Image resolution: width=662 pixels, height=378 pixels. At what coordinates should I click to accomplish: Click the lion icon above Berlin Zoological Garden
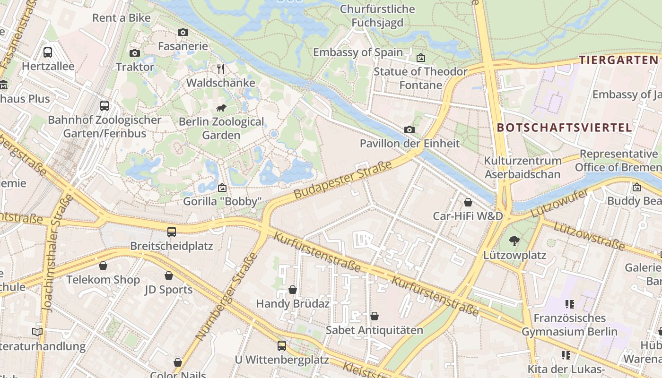pyautogui.click(x=221, y=108)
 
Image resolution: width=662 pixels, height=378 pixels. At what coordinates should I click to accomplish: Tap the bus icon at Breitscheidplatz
pyautogui.click(x=172, y=232)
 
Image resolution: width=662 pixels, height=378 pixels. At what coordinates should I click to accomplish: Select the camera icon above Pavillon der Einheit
pyautogui.click(x=409, y=129)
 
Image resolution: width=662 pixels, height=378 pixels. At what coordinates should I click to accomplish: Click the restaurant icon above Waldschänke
pyautogui.click(x=221, y=69)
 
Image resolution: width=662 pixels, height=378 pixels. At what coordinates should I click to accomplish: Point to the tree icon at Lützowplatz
pyautogui.click(x=514, y=241)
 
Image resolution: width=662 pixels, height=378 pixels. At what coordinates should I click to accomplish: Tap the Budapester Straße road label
pyautogui.click(x=343, y=180)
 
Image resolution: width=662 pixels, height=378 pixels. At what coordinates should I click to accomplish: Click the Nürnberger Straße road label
pyautogui.click(x=227, y=297)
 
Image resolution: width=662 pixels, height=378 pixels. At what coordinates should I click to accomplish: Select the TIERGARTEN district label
pyautogui.click(x=618, y=60)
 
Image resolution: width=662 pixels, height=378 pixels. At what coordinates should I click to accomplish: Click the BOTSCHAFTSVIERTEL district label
pyautogui.click(x=564, y=128)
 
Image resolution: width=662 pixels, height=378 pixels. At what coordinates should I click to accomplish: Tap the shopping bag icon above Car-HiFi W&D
pyautogui.click(x=468, y=202)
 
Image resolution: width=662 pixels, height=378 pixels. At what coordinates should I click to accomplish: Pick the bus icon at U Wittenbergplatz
pyautogui.click(x=282, y=346)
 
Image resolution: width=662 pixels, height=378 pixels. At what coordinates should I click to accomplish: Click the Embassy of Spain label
pyautogui.click(x=357, y=52)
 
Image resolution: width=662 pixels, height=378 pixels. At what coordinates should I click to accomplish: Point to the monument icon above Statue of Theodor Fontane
pyautogui.click(x=421, y=58)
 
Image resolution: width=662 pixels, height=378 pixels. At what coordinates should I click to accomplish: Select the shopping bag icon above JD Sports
pyautogui.click(x=169, y=275)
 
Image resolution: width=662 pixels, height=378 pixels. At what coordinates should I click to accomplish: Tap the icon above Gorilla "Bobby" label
pyautogui.click(x=222, y=188)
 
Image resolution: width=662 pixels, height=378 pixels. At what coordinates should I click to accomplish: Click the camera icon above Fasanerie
pyautogui.click(x=183, y=32)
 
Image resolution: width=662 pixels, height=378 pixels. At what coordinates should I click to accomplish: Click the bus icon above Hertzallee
pyautogui.click(x=48, y=52)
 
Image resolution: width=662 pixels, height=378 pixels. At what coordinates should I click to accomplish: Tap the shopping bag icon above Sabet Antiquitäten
pyautogui.click(x=375, y=316)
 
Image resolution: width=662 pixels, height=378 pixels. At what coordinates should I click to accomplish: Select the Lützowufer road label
pyautogui.click(x=559, y=204)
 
